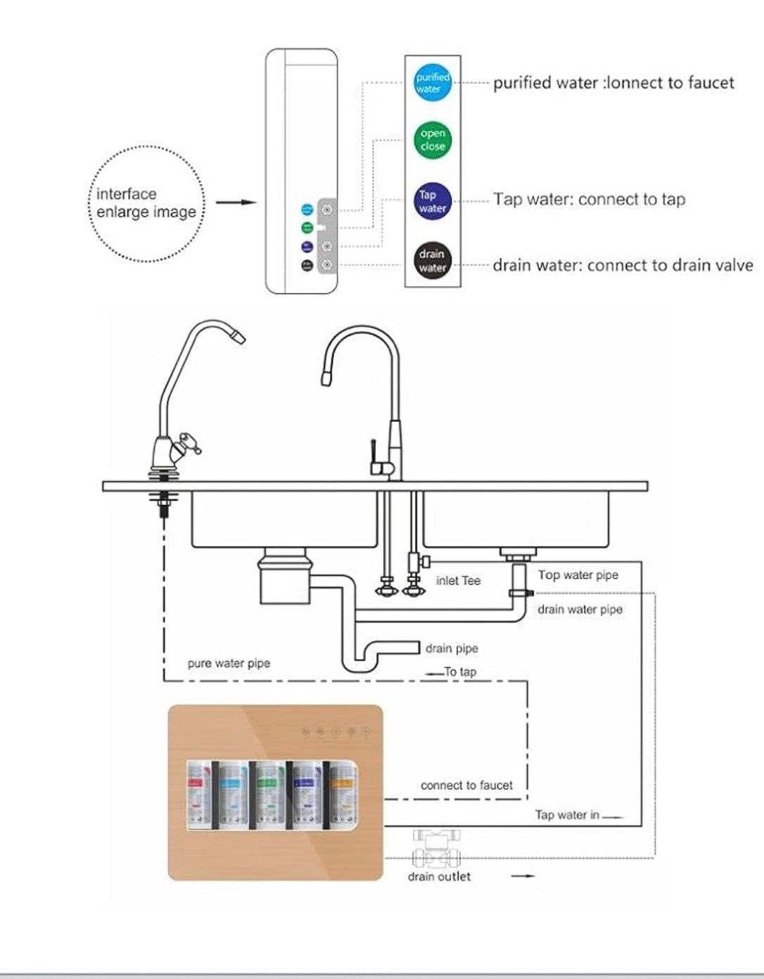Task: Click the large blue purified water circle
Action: (x=432, y=83)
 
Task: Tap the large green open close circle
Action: (x=432, y=139)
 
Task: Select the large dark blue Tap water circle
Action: (x=432, y=201)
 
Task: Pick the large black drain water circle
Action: (x=432, y=260)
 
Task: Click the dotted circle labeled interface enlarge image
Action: (x=147, y=203)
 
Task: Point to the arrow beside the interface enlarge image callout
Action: (x=236, y=203)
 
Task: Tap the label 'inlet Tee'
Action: (x=458, y=581)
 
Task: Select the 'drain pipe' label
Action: (x=452, y=648)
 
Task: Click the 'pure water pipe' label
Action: (x=229, y=663)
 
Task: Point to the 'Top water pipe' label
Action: (x=578, y=575)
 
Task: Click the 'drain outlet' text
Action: (x=439, y=876)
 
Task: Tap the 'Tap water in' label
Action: (x=567, y=815)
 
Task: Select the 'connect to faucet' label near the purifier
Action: (x=466, y=786)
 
